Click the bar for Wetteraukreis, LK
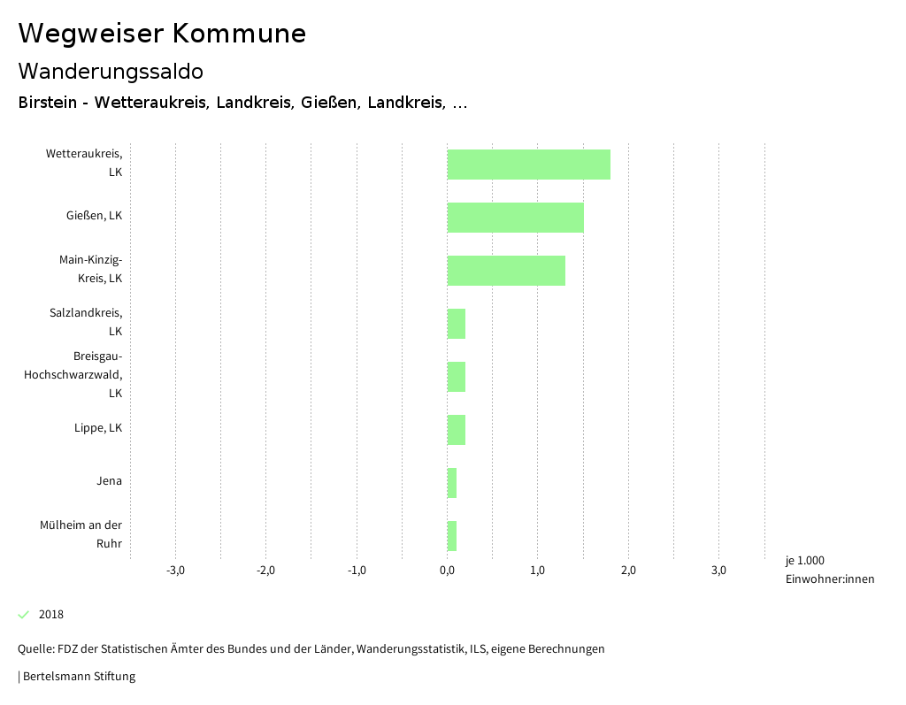pyautogui.click(x=528, y=165)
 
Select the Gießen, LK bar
pyautogui.click(x=515, y=218)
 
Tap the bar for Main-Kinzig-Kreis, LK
pyautogui.click(x=506, y=271)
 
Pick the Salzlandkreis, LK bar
pyautogui.click(x=456, y=324)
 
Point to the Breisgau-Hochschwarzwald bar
pyautogui.click(x=456, y=377)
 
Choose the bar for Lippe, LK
pyautogui.click(x=456, y=430)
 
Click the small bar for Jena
pyautogui.click(x=451, y=483)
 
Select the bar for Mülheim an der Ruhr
pyautogui.click(x=451, y=536)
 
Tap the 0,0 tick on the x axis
pyautogui.click(x=447, y=570)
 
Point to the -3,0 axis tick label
pyautogui.click(x=175, y=570)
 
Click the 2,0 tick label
pyautogui.click(x=628, y=570)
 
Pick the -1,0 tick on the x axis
pyautogui.click(x=357, y=570)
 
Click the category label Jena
pyautogui.click(x=109, y=481)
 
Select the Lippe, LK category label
pyautogui.click(x=98, y=428)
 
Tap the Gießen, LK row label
pyautogui.click(x=94, y=216)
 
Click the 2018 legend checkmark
pyautogui.click(x=24, y=615)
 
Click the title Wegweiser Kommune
pyautogui.click(x=162, y=33)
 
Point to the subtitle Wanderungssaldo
pyautogui.click(x=111, y=71)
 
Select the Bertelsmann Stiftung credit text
pyautogui.click(x=79, y=677)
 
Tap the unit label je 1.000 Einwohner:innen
pyautogui.click(x=829, y=570)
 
